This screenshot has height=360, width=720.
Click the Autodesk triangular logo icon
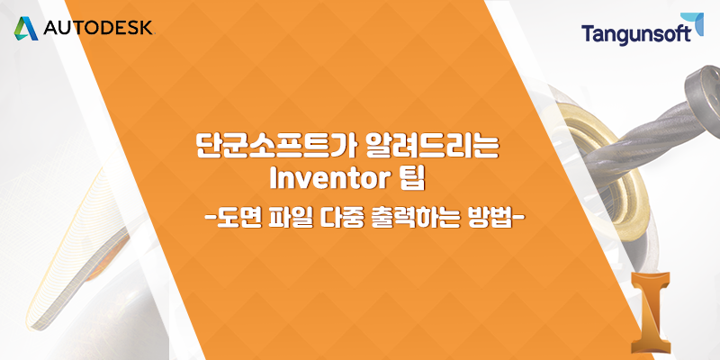click(x=26, y=29)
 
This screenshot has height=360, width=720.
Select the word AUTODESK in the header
click(x=98, y=29)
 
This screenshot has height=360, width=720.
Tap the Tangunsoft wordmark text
click(x=636, y=34)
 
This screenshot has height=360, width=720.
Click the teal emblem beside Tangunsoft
click(x=698, y=24)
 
